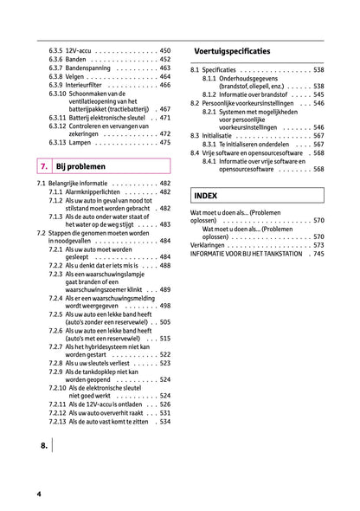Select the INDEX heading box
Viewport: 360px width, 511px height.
pyautogui.click(x=206, y=196)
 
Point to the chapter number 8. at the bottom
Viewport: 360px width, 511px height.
pyautogui.click(x=44, y=446)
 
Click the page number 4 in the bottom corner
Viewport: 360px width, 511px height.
pyautogui.click(x=39, y=493)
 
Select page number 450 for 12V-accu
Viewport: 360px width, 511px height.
pyautogui.click(x=165, y=51)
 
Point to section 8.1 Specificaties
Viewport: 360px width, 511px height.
pyautogui.click(x=219, y=69)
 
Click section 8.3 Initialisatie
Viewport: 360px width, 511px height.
pyautogui.click(x=219, y=136)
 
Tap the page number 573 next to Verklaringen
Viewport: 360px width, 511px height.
pyautogui.click(x=318, y=245)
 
